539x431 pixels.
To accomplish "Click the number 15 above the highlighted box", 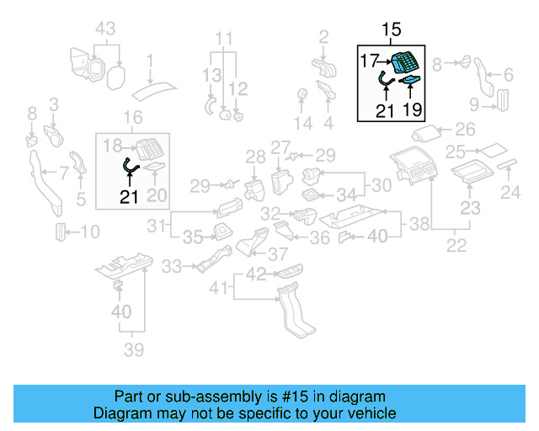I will (x=392, y=30).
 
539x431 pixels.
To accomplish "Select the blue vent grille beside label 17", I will (x=406, y=62).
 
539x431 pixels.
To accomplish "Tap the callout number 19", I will (x=413, y=109).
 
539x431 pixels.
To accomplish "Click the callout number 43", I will (x=104, y=29).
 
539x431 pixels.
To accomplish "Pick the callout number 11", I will (x=222, y=39).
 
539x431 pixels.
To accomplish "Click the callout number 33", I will (x=172, y=267).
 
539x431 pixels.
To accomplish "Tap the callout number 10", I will (x=89, y=231).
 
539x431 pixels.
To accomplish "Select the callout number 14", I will (x=302, y=124).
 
